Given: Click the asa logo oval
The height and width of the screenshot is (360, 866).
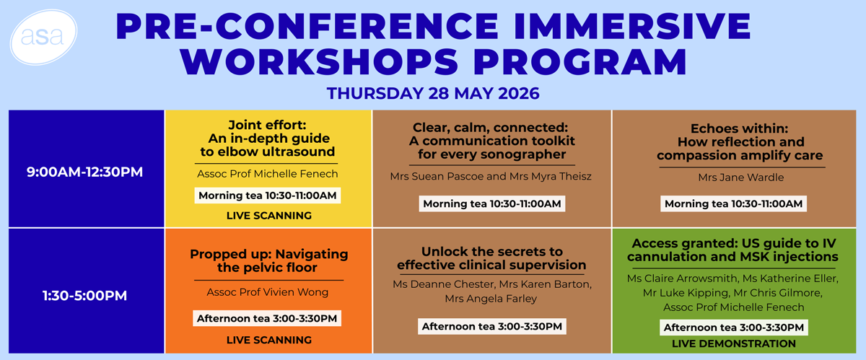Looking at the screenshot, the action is click(x=43, y=37).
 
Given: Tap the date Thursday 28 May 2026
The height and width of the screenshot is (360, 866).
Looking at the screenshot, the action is click(x=433, y=94).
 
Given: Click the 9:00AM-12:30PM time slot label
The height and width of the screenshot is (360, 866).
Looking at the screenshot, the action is click(x=84, y=172).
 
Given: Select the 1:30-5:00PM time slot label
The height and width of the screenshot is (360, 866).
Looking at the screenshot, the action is click(x=84, y=296).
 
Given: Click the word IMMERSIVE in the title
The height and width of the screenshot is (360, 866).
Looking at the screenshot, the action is click(x=632, y=26).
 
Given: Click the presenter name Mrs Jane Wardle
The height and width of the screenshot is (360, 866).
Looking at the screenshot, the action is click(x=740, y=177).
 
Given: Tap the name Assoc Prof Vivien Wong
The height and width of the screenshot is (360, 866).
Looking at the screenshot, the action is click(x=268, y=292).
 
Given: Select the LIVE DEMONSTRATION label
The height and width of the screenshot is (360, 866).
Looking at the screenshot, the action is click(x=734, y=343).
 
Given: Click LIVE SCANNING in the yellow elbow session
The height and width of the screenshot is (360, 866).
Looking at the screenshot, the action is click(x=269, y=216).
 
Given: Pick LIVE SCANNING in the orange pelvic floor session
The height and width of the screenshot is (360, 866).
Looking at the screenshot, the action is click(x=269, y=340).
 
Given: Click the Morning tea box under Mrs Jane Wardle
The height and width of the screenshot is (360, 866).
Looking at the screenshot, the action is click(x=733, y=203).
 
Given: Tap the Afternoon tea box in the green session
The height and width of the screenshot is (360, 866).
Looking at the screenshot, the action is click(x=734, y=328).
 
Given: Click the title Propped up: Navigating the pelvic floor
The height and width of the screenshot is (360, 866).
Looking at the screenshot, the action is click(x=268, y=260).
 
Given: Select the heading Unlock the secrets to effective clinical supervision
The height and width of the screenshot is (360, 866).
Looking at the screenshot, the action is click(x=491, y=258).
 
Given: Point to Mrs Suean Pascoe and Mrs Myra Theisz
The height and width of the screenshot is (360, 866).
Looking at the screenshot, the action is click(x=491, y=176).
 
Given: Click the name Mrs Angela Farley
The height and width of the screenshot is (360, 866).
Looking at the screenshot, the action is click(x=491, y=299).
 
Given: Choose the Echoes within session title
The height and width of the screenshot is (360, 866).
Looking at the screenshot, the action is click(x=740, y=142).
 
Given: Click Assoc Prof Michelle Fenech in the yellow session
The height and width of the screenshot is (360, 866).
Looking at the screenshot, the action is click(x=268, y=174).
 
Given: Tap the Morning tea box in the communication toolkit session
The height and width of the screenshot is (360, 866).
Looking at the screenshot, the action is click(x=491, y=203).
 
